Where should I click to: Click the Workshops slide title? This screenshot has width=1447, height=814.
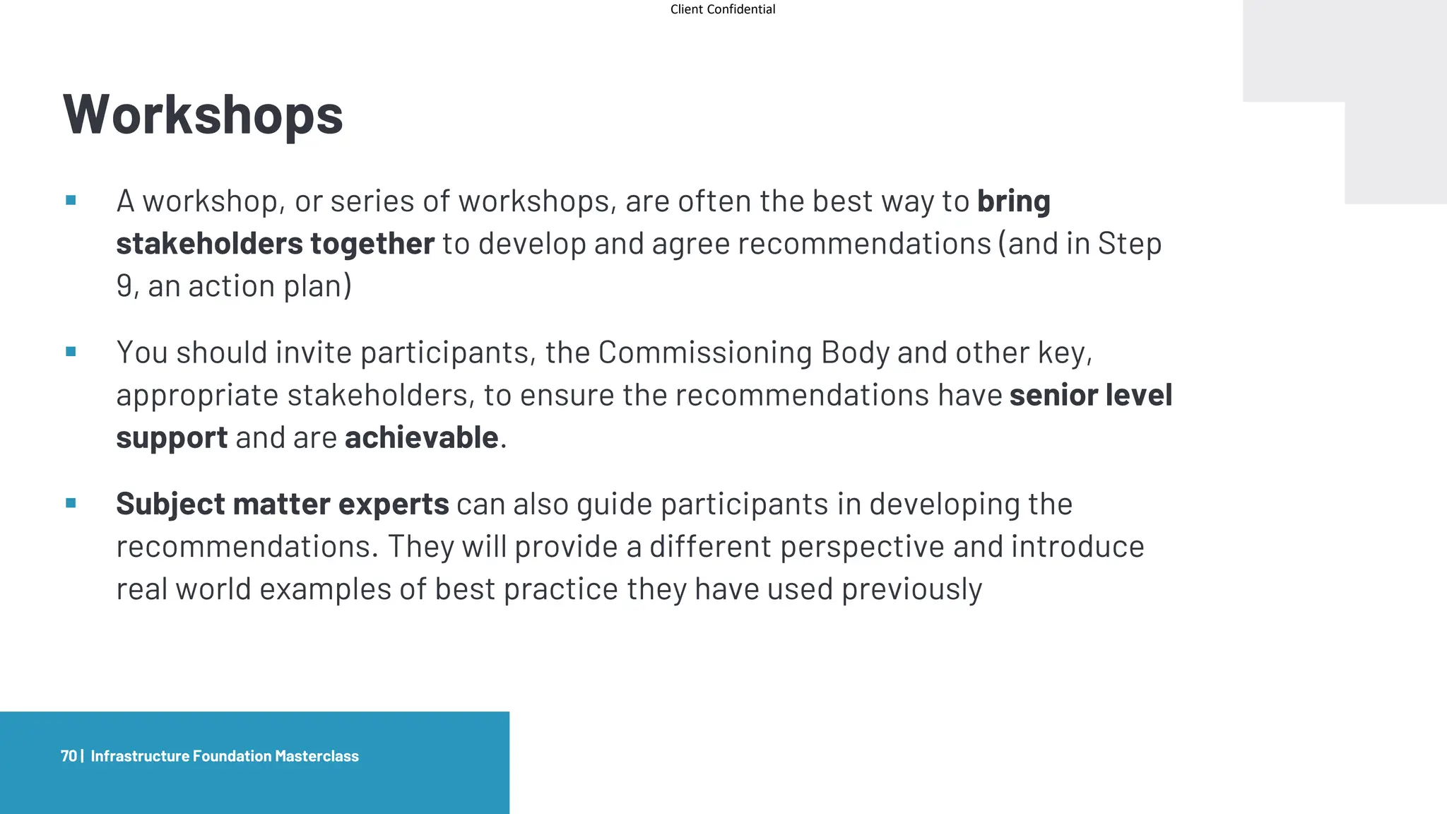203,114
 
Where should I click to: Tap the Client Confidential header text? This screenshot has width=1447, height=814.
722,9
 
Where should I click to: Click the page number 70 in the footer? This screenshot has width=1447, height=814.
69,756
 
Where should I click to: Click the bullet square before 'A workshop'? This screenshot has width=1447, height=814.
71,201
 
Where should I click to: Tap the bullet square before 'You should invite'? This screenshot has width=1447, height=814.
71,352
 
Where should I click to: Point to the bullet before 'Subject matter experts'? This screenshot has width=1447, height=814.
71,503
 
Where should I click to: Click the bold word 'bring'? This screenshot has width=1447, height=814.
1013,202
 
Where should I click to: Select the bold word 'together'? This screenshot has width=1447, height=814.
372,244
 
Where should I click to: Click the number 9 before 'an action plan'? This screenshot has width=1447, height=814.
124,286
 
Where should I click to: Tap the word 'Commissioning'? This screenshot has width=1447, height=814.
704,353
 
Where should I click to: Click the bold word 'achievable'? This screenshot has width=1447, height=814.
421,437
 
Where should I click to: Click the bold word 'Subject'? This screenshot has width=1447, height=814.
170,505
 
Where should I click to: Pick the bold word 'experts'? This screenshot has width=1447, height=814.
394,505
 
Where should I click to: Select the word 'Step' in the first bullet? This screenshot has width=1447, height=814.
1129,244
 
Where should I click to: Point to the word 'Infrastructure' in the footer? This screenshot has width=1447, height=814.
140,756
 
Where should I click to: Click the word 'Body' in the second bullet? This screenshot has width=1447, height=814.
855,353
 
